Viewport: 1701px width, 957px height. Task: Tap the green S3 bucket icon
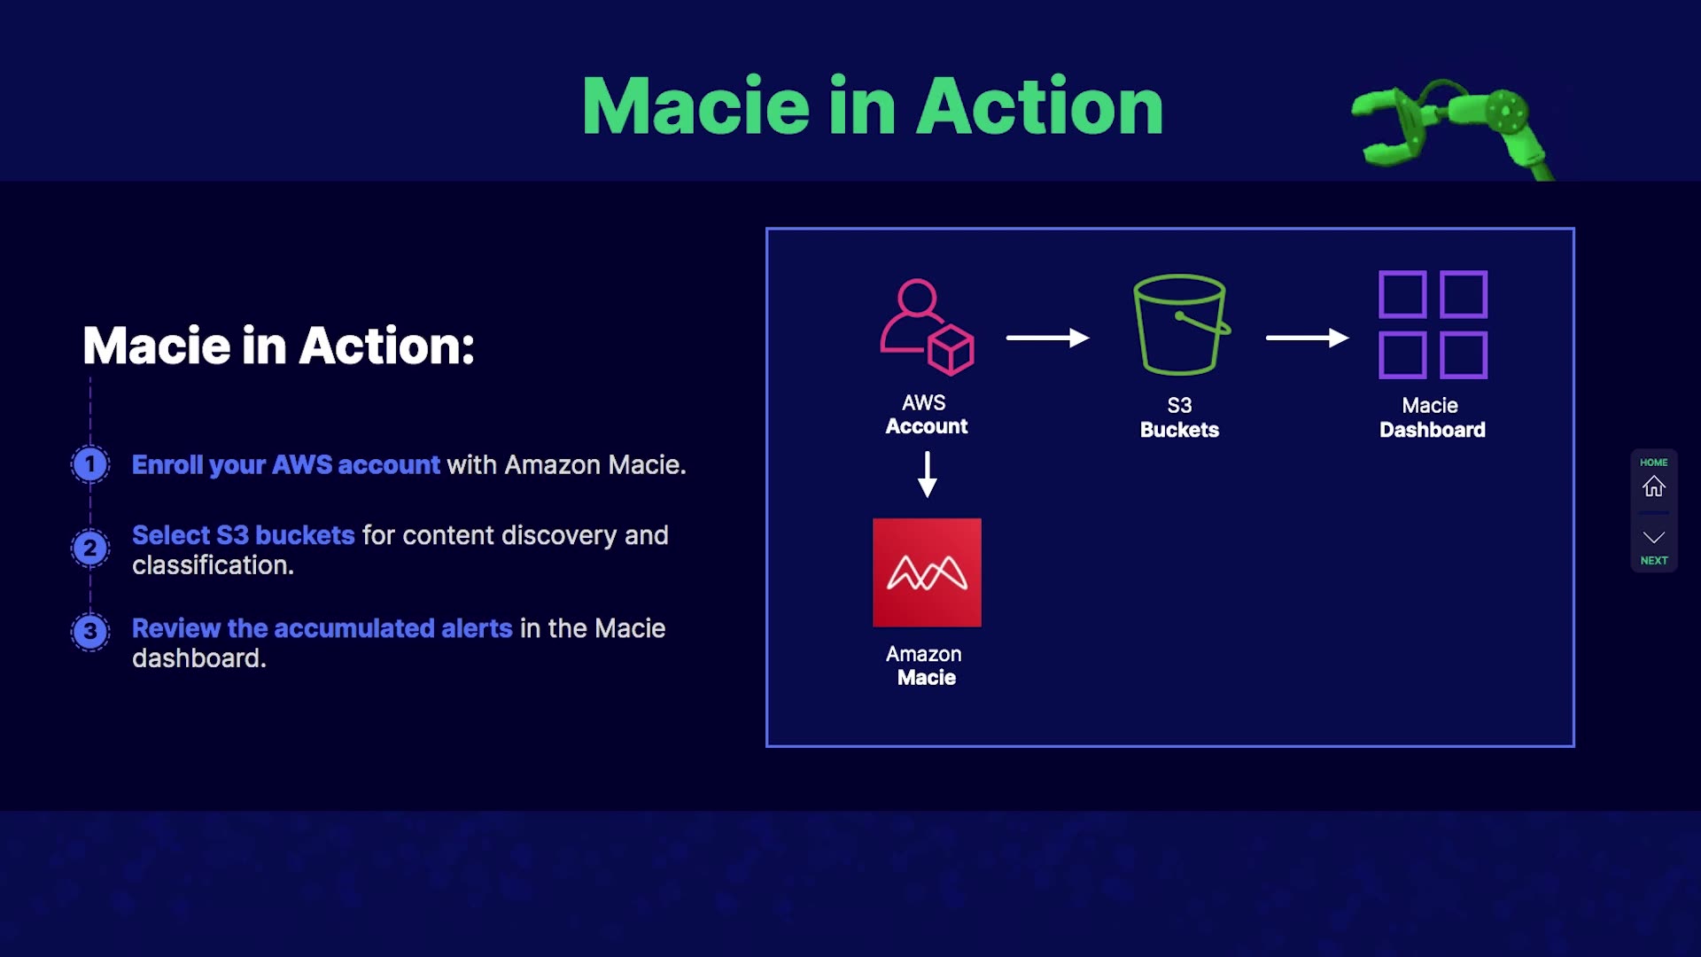coord(1181,324)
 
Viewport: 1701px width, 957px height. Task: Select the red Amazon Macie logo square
coord(927,572)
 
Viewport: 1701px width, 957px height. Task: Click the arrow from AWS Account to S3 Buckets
coord(1047,338)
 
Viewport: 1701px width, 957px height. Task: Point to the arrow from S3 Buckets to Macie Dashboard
coord(1307,338)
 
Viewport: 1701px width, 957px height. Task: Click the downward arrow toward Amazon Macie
coord(927,474)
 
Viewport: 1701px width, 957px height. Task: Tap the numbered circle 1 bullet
coord(90,464)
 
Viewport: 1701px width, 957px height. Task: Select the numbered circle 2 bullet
coord(90,549)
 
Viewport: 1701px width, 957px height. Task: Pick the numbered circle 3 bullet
coord(90,632)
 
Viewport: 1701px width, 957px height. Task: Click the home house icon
coord(1653,486)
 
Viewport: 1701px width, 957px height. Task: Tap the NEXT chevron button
coord(1653,537)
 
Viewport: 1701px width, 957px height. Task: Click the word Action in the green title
coord(1039,106)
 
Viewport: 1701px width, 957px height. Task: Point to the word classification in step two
coord(213,565)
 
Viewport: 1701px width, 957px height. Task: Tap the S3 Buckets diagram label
coord(1179,417)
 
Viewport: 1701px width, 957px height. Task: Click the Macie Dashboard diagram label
coord(1432,417)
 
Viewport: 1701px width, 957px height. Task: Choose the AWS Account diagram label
coord(926,414)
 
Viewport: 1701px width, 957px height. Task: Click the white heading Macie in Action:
coord(279,346)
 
